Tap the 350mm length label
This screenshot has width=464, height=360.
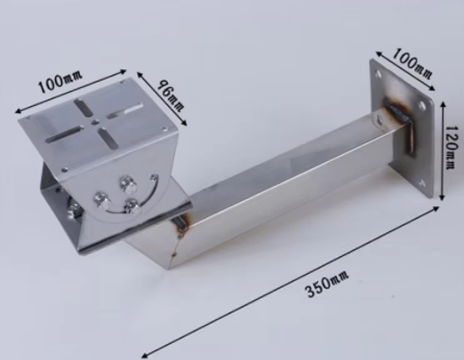(x=327, y=283)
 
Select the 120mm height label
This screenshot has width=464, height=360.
(x=450, y=147)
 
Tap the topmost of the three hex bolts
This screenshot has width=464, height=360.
(x=128, y=184)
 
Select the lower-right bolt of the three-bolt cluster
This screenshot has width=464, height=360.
(x=133, y=206)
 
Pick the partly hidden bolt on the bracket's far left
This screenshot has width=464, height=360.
(x=74, y=211)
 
